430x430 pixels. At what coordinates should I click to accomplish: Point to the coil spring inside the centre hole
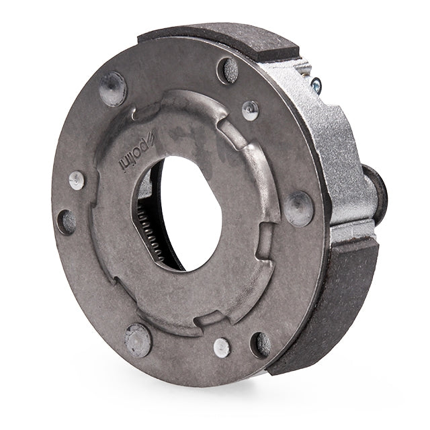click(150, 234)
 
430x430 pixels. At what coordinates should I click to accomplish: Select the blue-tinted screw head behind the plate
click(316, 85)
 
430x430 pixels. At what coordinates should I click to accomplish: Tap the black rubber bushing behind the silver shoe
click(376, 192)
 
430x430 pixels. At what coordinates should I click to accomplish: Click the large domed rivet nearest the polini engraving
click(113, 89)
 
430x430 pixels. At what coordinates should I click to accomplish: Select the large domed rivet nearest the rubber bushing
click(299, 209)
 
